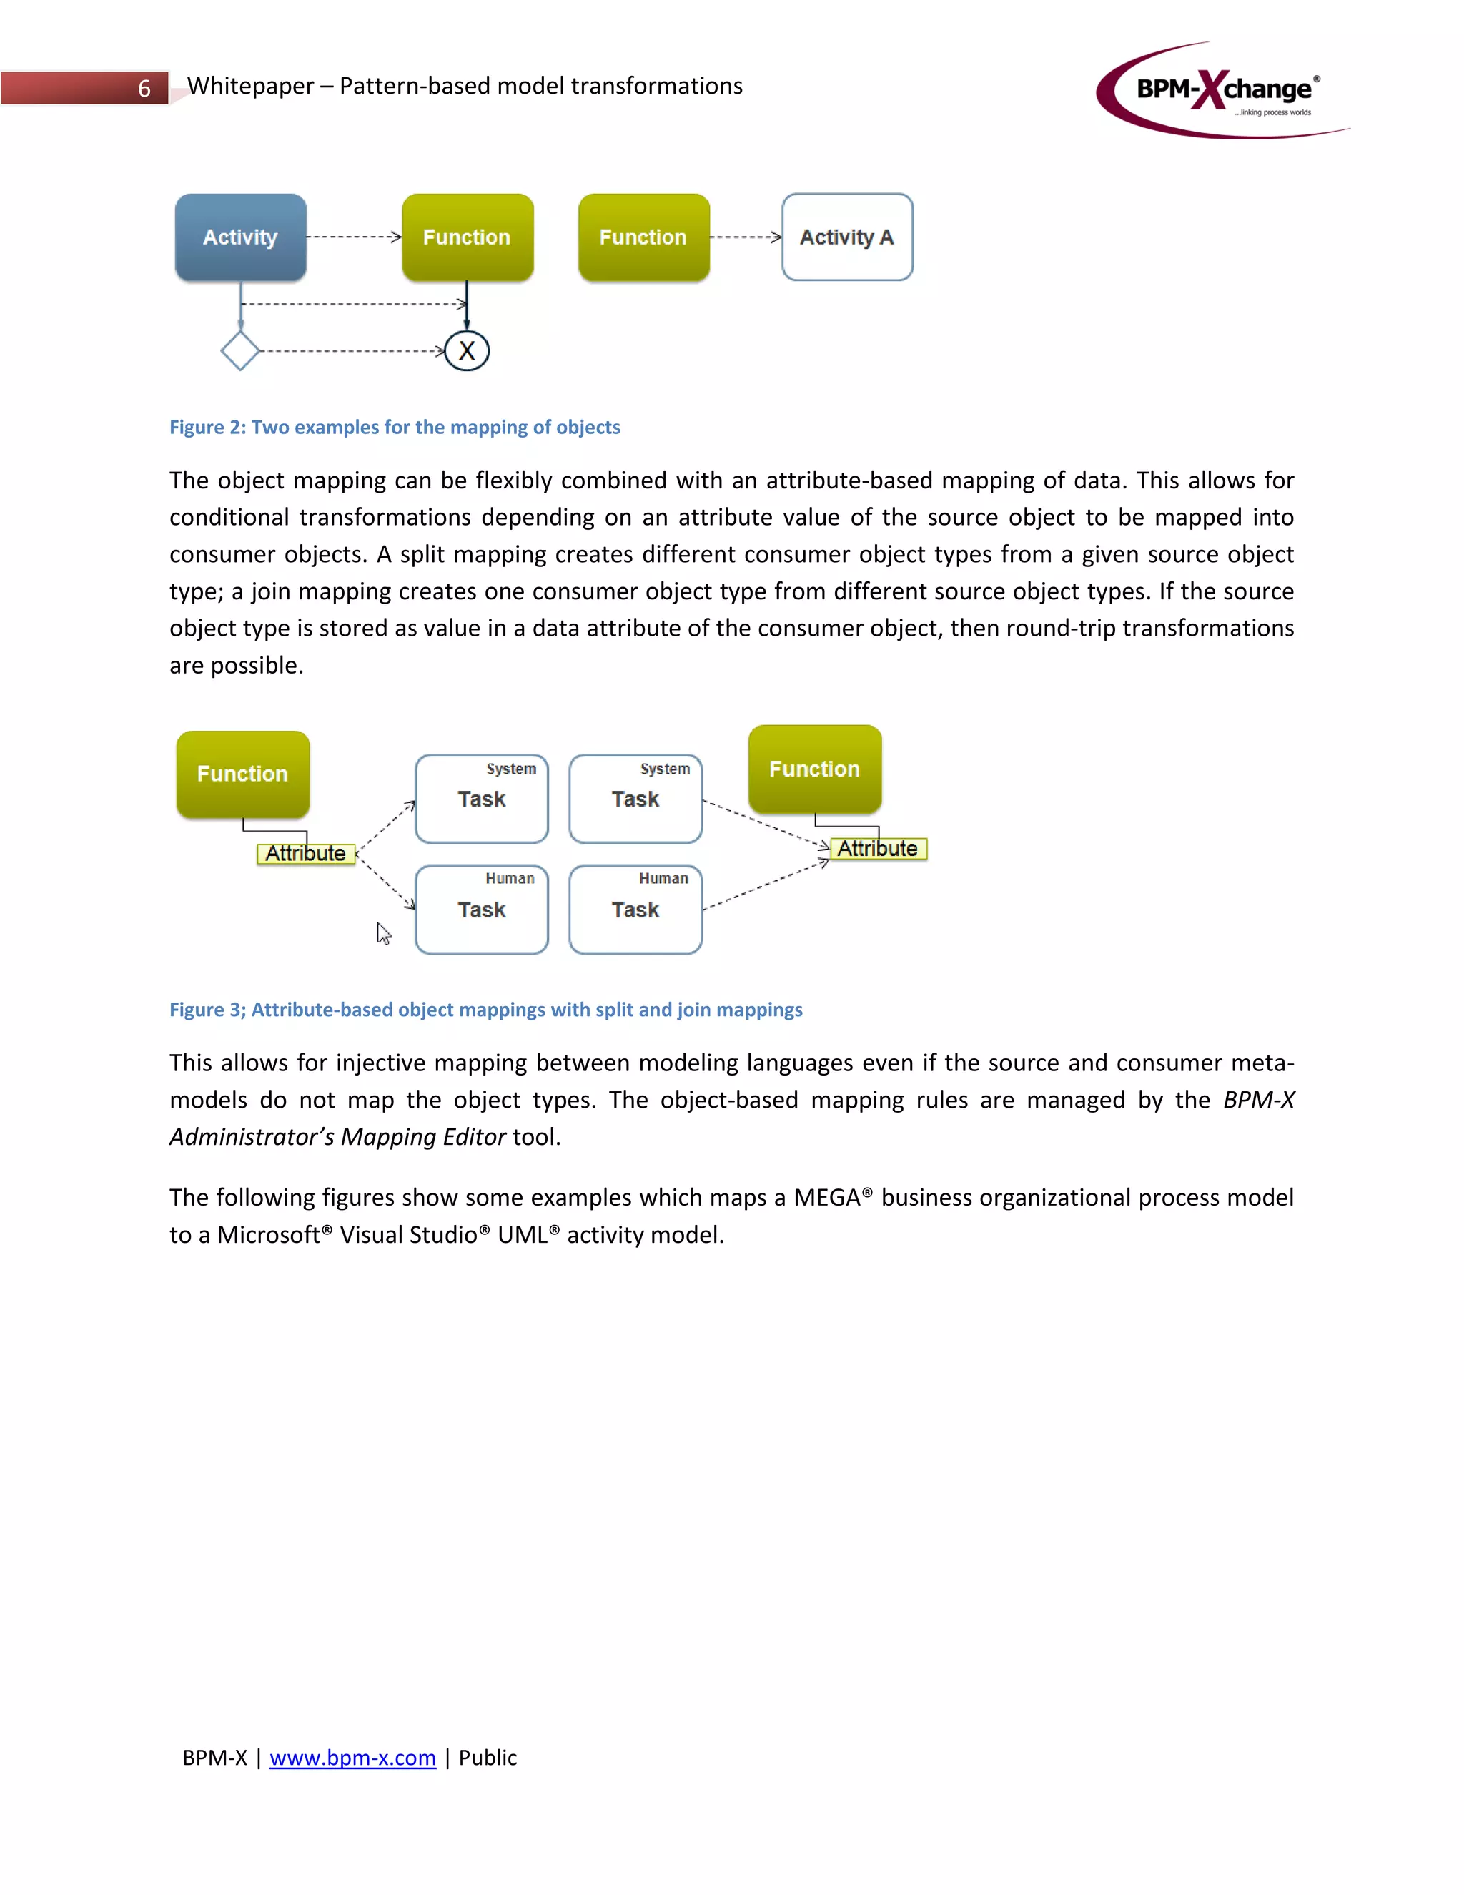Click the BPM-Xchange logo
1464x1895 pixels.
pos(1223,90)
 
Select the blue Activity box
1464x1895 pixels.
pos(240,237)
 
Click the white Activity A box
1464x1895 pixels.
pos(846,237)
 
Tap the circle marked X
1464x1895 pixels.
pos(467,351)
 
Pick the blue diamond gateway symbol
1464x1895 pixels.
pos(240,350)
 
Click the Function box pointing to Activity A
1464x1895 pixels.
pos(643,237)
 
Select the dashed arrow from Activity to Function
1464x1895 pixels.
pos(354,236)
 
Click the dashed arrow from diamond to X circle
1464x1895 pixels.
pos(351,351)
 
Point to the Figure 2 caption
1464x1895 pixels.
pos(395,427)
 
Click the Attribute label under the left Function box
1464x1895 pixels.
pos(305,854)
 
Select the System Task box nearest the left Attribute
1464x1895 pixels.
pos(481,798)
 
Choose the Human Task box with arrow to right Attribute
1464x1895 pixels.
pos(635,910)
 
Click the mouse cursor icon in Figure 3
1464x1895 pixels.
pos(383,934)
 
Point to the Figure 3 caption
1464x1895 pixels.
pos(485,1010)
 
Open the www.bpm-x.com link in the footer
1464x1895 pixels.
pos(352,1758)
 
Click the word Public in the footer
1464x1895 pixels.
pos(488,1758)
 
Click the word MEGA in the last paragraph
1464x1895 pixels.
pos(826,1198)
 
